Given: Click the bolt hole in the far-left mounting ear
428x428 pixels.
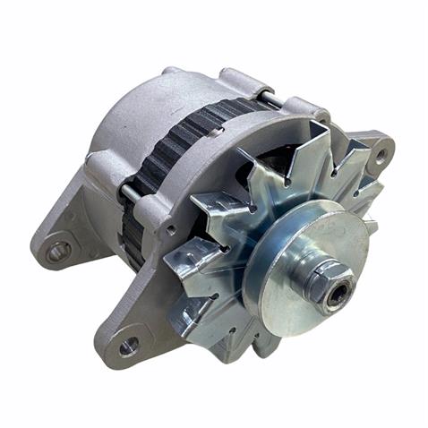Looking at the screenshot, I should [x=59, y=253].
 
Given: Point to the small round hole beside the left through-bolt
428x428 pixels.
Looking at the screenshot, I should [x=170, y=229].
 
